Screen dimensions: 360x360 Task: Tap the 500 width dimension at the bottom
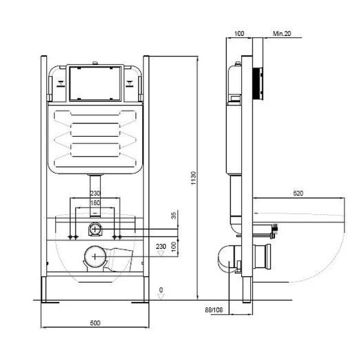[x=94, y=323]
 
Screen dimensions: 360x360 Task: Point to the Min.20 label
[x=282, y=34]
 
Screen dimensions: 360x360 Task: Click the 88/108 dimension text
[x=210, y=310]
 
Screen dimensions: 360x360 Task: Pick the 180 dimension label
[x=95, y=203]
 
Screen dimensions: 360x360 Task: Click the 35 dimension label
[x=173, y=215]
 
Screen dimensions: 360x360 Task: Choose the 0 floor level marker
[x=161, y=290]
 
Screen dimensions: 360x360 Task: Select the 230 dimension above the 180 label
[x=95, y=193]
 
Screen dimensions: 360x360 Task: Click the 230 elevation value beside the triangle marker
[x=161, y=246]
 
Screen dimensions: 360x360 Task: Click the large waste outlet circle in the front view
[x=94, y=257]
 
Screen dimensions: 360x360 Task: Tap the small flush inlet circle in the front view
[x=95, y=229]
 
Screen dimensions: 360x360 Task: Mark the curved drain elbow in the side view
[x=225, y=256]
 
